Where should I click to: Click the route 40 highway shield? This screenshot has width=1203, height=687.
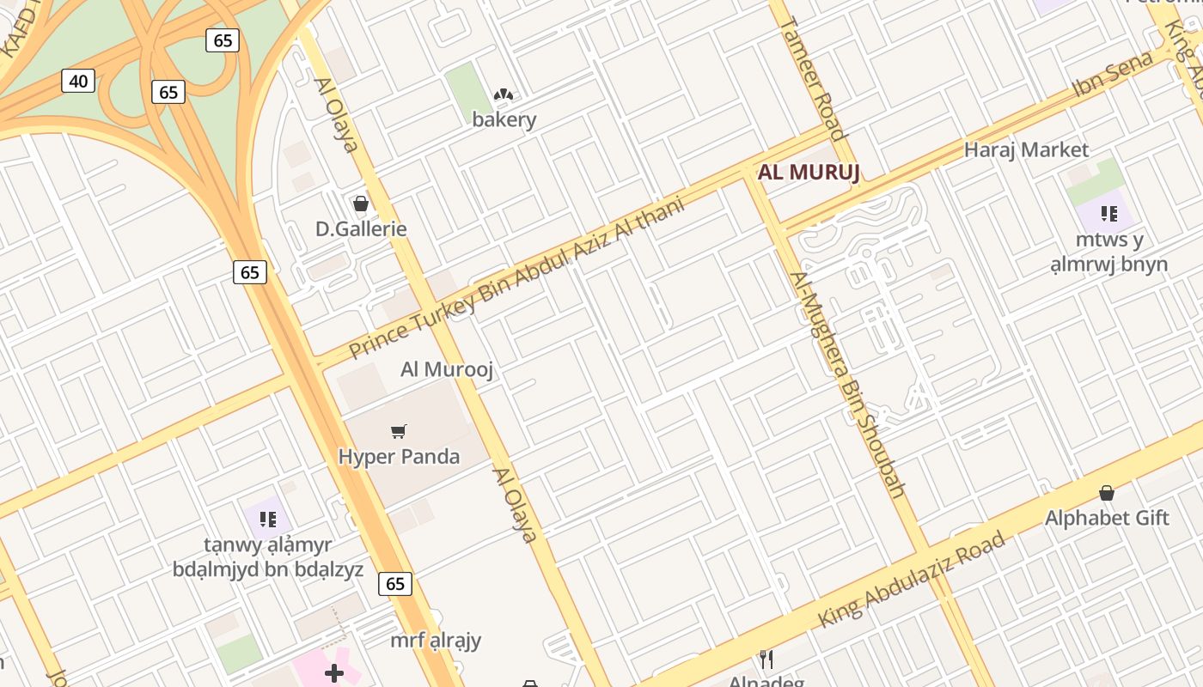(78, 82)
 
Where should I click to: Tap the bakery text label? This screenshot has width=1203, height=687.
(504, 119)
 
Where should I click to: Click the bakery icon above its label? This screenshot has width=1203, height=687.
(504, 94)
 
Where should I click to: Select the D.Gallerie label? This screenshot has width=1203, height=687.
(361, 229)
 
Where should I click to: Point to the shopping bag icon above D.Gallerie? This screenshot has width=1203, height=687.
(361, 204)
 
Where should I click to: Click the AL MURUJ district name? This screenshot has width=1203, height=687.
(809, 173)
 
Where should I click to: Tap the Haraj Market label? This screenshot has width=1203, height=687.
(1026, 149)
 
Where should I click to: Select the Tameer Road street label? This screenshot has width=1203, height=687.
(811, 77)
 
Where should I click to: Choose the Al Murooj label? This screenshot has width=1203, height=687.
(447, 369)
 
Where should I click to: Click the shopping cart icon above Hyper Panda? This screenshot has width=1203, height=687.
(398, 431)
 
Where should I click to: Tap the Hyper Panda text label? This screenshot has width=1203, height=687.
(399, 456)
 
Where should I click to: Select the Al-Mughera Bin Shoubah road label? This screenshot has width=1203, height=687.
(848, 385)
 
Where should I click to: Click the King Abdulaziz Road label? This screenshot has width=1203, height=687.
(911, 580)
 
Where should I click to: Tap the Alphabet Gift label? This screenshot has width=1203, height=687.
(1107, 518)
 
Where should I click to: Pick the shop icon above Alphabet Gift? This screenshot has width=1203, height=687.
(1107, 493)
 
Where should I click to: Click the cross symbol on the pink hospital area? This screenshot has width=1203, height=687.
(334, 673)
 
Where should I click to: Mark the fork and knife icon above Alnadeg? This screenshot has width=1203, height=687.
(766, 660)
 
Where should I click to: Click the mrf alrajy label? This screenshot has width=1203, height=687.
(436, 641)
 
